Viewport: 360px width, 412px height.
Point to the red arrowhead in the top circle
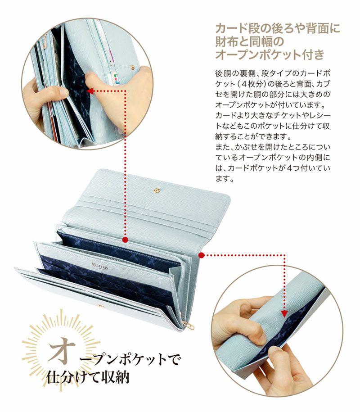[90, 91]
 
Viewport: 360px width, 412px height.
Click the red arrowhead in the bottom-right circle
[284, 314]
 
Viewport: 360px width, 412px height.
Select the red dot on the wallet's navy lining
[125, 240]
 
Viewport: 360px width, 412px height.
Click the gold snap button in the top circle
[132, 67]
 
